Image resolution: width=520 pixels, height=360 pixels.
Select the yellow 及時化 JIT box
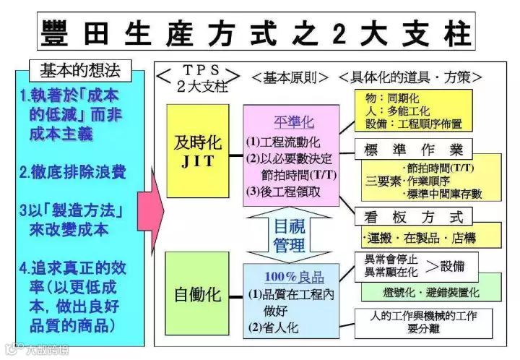tap(197, 150)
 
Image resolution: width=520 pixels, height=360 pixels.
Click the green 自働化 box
tap(197, 295)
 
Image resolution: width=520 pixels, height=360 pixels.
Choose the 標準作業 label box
tap(412, 149)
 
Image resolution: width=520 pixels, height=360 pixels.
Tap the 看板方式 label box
tap(412, 215)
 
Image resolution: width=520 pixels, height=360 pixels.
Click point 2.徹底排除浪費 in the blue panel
tap(73, 172)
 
